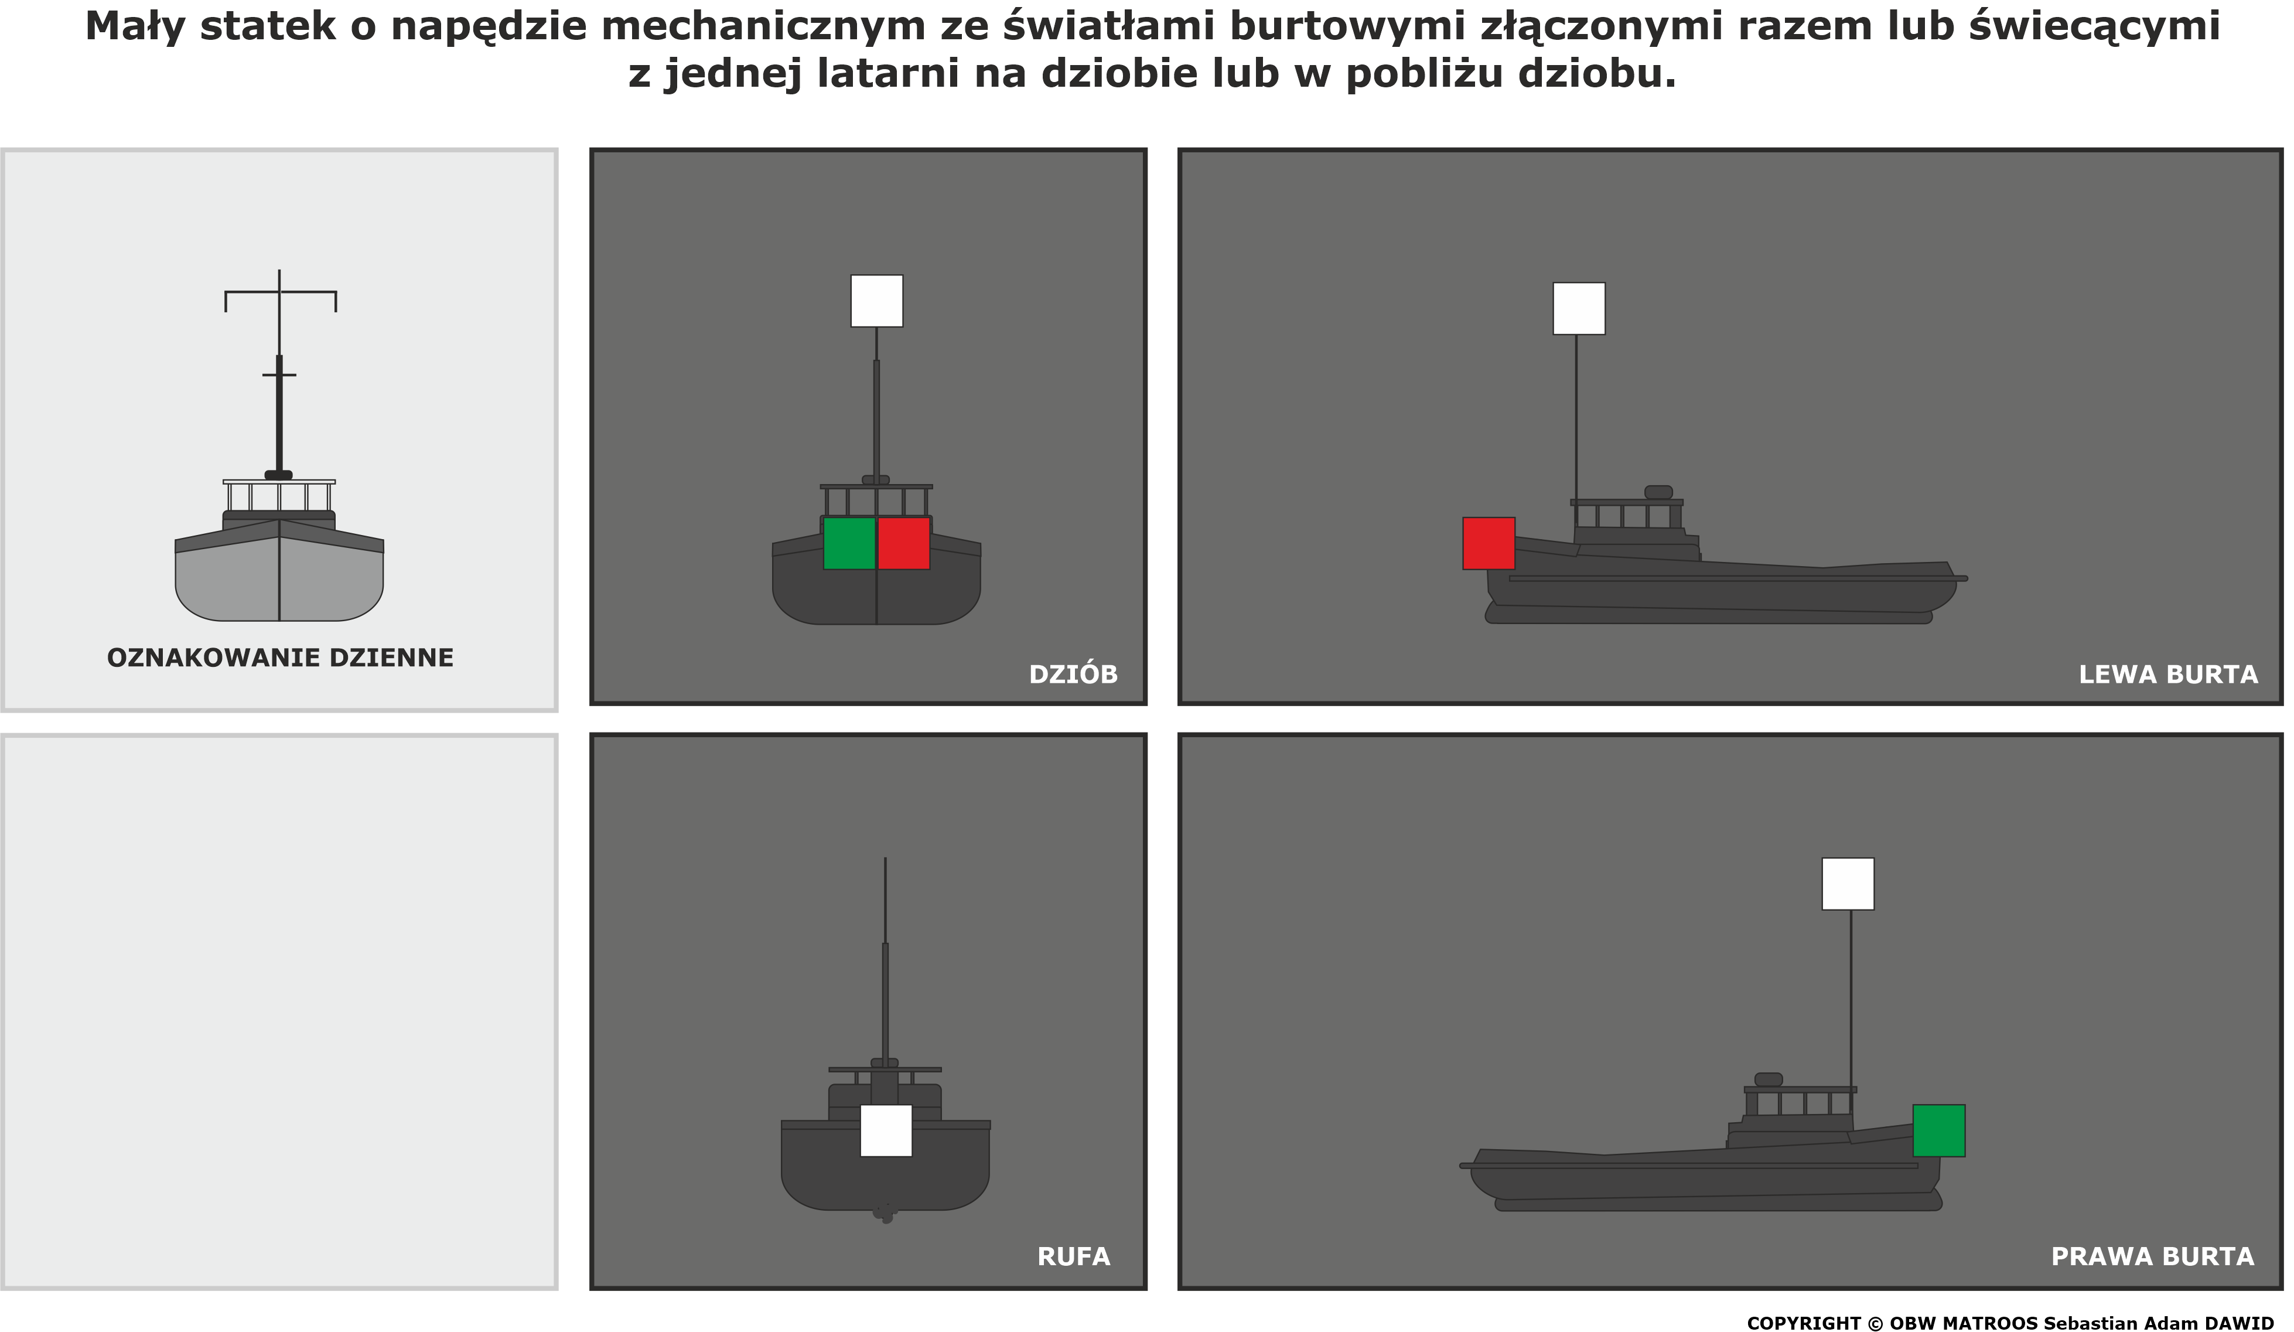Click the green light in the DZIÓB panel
[849, 544]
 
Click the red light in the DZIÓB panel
[904, 544]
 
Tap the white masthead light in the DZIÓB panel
[876, 301]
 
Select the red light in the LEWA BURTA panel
[1489, 544]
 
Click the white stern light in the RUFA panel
[886, 1131]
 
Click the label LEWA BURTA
[2169, 674]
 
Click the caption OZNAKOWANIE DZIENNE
[281, 658]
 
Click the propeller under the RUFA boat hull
[885, 1212]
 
